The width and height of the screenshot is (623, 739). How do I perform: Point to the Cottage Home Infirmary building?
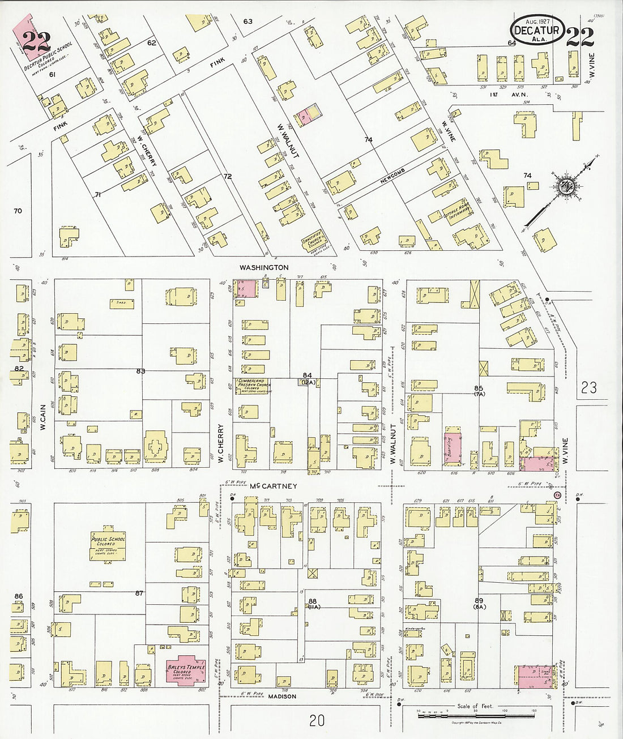456,212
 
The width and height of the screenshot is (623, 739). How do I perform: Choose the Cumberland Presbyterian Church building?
253,386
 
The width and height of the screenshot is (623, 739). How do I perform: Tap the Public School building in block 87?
108,545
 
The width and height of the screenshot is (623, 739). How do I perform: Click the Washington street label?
263,267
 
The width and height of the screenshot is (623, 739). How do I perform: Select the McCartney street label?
274,486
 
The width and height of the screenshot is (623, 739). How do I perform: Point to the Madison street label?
282,696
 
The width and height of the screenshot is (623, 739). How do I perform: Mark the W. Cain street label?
42,416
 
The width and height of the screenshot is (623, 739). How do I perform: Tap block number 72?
227,177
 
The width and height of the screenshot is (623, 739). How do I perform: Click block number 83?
140,371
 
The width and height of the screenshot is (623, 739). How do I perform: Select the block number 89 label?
479,600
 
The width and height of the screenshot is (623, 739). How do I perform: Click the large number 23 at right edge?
588,387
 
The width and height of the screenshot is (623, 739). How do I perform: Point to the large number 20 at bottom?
317,720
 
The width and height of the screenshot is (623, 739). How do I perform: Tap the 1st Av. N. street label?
500,95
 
